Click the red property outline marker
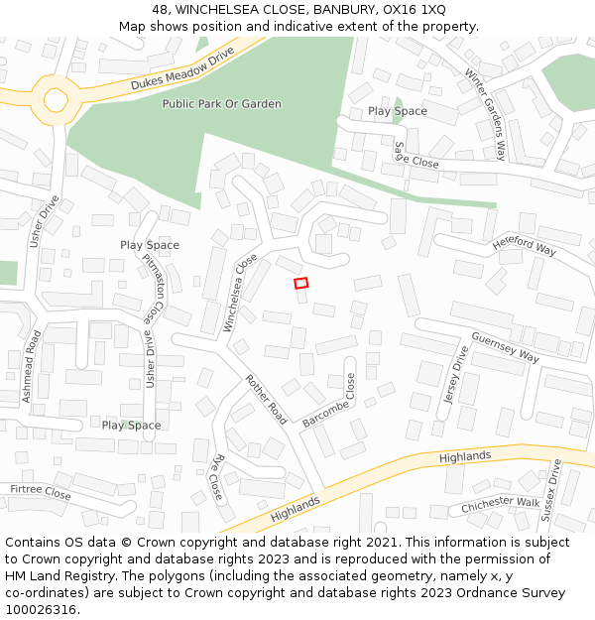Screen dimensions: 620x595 (x=301, y=283)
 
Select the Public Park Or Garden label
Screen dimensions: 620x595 (x=221, y=104)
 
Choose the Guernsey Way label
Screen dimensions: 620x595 (x=505, y=347)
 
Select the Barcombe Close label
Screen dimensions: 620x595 (x=328, y=401)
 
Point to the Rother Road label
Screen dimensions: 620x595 (x=266, y=401)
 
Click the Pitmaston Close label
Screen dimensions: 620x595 (x=153, y=289)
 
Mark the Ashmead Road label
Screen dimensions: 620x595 (x=30, y=366)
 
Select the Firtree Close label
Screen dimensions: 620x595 (x=41, y=492)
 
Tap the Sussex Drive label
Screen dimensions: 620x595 (x=550, y=490)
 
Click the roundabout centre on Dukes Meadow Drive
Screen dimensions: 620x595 (x=56, y=99)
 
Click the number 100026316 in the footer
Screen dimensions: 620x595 (x=41, y=610)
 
